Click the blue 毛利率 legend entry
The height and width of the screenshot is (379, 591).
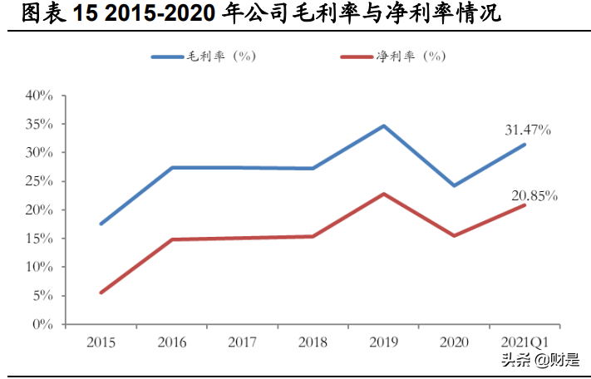click(x=204, y=57)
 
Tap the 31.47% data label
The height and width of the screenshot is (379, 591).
click(x=528, y=130)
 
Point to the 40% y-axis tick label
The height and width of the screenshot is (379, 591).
click(x=40, y=96)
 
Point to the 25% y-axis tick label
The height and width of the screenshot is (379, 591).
click(x=40, y=181)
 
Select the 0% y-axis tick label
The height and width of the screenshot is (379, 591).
click(x=43, y=324)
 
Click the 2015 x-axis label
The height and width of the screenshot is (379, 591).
click(x=101, y=342)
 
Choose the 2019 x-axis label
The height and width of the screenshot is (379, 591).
click(x=383, y=342)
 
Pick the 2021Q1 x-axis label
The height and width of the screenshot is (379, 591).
click(x=525, y=342)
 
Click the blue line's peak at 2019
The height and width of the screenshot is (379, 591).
click(x=383, y=126)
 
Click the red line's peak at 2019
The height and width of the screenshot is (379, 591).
click(x=383, y=194)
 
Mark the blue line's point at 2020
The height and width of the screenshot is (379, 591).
click(x=454, y=185)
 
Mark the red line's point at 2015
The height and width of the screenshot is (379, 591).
click(x=101, y=293)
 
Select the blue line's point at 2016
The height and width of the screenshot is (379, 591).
click(x=171, y=168)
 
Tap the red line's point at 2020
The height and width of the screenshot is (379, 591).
click(x=454, y=236)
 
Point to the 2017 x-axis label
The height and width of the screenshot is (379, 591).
click(x=242, y=342)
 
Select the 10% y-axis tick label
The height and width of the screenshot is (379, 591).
click(x=40, y=267)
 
